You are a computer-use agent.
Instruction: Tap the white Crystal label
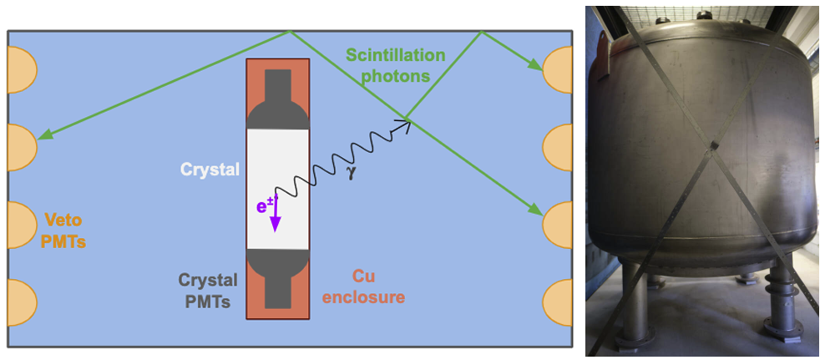pos(210,170)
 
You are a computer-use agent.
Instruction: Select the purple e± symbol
pos(265,204)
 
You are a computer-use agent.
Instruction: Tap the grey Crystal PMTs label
pos(207,290)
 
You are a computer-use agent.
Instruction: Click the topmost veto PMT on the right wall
pos(558,69)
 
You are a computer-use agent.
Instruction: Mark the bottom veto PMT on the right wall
pos(558,302)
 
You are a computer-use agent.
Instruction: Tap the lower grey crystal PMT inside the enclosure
pos(277,280)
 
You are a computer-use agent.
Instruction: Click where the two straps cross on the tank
pos(712,149)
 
